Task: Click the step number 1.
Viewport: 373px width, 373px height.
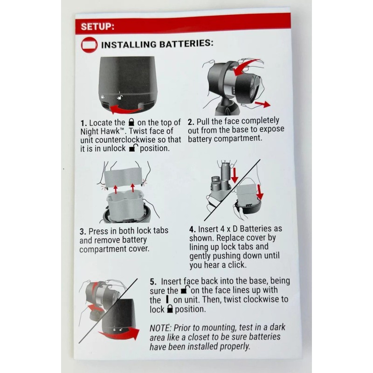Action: click(x=83, y=123)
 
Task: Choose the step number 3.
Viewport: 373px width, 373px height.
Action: click(x=83, y=231)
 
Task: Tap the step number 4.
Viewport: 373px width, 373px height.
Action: click(x=192, y=229)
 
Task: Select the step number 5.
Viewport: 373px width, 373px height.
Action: click(x=153, y=282)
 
